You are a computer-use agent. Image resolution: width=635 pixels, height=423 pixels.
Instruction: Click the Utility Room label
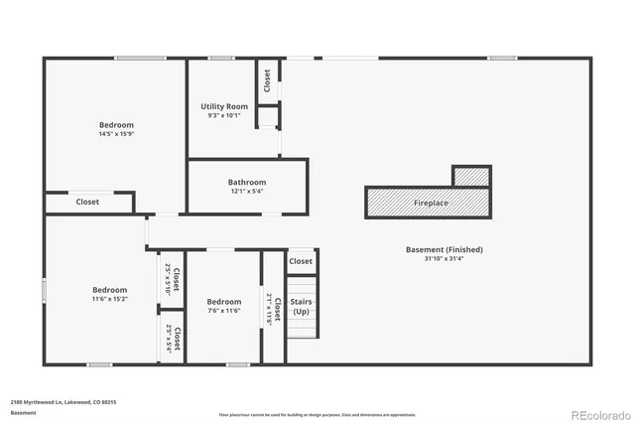[224, 106]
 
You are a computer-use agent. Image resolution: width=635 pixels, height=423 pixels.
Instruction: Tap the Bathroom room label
[247, 182]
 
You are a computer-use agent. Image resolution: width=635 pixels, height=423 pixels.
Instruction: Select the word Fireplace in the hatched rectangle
[431, 203]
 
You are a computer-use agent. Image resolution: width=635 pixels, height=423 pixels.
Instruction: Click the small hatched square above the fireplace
[471, 176]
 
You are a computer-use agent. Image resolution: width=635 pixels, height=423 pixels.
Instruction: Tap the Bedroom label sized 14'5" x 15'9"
[116, 125]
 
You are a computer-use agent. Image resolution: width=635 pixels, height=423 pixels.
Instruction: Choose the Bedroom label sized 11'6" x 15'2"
[109, 290]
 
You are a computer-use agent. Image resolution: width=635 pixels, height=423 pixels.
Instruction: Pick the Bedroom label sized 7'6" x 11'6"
[224, 302]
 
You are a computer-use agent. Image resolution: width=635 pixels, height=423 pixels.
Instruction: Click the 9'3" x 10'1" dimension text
[224, 115]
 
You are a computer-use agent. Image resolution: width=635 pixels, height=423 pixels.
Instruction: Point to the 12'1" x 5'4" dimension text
[247, 192]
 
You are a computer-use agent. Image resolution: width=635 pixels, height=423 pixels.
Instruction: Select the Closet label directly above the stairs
[301, 261]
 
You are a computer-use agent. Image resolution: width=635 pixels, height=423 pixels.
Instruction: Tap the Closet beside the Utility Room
[267, 79]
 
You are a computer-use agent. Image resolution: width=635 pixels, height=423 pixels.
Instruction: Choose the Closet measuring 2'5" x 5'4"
[173, 339]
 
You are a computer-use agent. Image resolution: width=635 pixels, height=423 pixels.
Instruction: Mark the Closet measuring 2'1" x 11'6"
[274, 309]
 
